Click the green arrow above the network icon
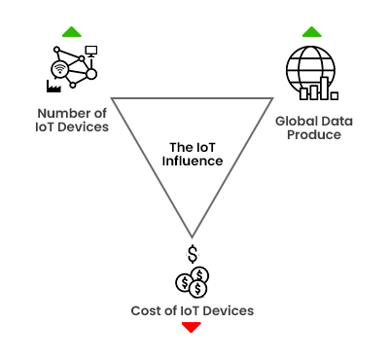click(71, 32)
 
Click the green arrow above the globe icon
click(311, 32)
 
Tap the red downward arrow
click(192, 327)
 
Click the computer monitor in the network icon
click(91, 51)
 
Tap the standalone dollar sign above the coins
click(193, 256)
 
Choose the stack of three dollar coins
click(192, 283)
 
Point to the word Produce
click(314, 134)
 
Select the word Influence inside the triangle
click(193, 161)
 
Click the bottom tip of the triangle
click(193, 236)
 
